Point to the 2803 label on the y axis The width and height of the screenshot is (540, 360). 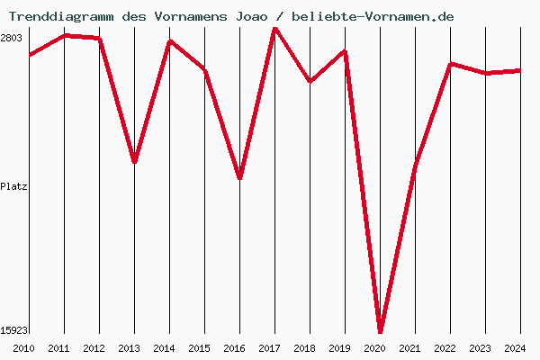click(x=12, y=38)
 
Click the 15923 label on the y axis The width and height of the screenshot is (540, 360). click(x=13, y=330)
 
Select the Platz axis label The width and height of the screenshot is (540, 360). click(x=13, y=186)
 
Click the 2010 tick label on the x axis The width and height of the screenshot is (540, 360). click(x=24, y=348)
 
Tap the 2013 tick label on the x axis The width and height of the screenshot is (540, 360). click(x=130, y=348)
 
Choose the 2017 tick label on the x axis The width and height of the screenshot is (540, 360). click(x=270, y=348)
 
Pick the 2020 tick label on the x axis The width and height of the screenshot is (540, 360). click(x=375, y=348)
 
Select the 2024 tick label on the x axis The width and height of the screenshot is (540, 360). click(x=516, y=348)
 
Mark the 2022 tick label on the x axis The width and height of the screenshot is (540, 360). click(x=445, y=348)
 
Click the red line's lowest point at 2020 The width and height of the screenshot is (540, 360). click(x=380, y=330)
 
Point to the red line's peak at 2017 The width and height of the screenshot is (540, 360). click(x=274, y=28)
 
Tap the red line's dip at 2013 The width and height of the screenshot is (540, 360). click(x=134, y=161)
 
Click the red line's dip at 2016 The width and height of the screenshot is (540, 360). click(x=239, y=177)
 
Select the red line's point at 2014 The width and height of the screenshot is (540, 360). click(x=169, y=41)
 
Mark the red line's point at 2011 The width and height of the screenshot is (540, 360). click(x=64, y=35)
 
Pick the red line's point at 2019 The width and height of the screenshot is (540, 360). click(x=345, y=51)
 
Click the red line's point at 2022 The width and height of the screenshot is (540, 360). click(x=450, y=64)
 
